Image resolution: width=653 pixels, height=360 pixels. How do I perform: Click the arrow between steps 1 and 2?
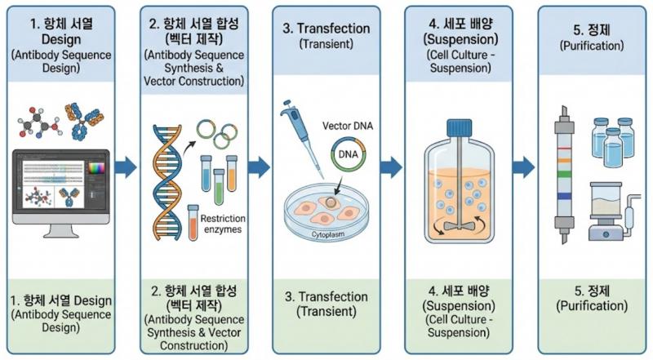click(125, 168)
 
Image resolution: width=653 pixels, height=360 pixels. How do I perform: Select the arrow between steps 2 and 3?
click(258, 167)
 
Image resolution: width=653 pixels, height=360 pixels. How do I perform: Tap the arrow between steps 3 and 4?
click(391, 167)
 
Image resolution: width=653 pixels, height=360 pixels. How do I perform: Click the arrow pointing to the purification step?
click(523, 167)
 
